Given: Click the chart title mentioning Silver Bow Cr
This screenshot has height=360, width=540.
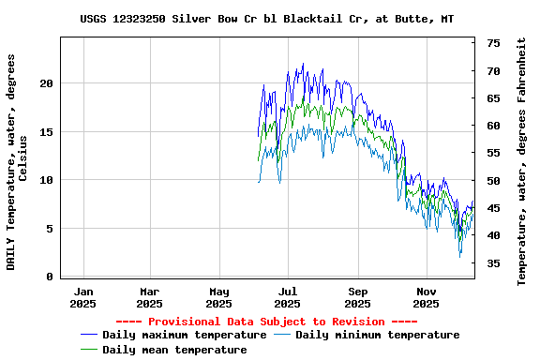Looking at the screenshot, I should click(267, 19).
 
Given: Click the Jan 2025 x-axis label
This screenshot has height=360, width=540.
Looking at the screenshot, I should click(83, 297).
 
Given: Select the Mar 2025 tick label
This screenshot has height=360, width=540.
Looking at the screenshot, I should click(150, 297).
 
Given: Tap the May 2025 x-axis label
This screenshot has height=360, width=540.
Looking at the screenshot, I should click(219, 297).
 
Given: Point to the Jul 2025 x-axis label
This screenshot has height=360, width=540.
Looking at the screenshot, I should click(289, 297).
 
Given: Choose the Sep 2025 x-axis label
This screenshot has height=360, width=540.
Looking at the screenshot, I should click(358, 297).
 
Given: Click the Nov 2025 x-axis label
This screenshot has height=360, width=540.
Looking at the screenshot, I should click(427, 297).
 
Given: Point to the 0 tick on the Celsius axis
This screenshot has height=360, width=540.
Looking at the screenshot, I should click(50, 277).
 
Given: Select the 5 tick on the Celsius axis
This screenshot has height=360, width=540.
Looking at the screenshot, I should click(50, 229).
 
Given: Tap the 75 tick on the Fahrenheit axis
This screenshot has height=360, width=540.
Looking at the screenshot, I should click(493, 43).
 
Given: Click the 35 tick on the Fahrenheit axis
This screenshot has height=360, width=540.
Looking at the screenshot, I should click(493, 263).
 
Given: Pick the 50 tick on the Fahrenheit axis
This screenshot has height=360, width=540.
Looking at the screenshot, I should click(493, 181).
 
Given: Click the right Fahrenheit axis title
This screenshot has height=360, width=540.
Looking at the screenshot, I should click(522, 161).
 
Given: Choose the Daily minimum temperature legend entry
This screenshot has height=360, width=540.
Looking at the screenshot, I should click(377, 335).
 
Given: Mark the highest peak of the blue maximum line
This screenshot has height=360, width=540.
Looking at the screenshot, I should click(303, 64).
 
